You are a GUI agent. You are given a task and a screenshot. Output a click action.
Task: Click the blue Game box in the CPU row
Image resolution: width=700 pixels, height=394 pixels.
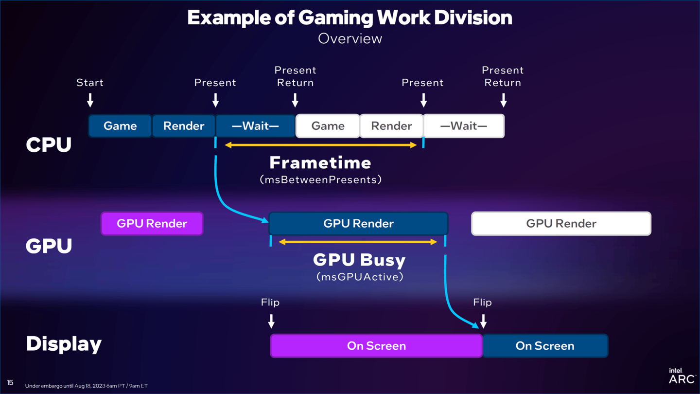pos(120,126)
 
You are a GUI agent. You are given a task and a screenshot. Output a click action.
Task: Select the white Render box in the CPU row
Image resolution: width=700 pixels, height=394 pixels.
pos(391,126)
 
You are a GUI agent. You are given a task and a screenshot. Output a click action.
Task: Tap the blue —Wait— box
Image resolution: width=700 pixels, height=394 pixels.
pos(256,126)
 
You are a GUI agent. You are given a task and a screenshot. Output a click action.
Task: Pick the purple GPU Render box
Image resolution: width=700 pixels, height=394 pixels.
pos(152,224)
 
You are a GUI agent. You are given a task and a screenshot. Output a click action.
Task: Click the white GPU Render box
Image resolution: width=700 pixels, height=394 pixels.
pos(561,224)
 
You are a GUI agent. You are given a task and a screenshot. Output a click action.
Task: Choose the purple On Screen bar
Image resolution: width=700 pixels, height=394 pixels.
pos(376,346)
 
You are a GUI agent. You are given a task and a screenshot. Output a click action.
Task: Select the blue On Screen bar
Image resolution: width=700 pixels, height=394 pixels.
pos(545,346)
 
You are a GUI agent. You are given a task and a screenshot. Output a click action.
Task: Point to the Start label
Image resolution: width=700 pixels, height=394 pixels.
pos(90,83)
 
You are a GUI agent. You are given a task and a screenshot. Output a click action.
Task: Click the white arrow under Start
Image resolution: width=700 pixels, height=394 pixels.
pos(90,100)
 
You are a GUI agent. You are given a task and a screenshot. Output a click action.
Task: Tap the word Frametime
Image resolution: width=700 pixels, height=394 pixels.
pos(320,162)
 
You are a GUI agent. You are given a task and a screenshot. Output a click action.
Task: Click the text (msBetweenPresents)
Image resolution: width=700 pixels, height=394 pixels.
pos(320,180)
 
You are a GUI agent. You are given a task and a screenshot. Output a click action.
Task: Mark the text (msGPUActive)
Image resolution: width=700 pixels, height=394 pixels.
pos(360,277)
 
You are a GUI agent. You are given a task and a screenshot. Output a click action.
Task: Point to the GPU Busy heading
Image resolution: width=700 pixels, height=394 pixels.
pos(359,260)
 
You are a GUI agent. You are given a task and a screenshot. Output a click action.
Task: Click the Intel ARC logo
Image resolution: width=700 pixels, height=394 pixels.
pos(682,376)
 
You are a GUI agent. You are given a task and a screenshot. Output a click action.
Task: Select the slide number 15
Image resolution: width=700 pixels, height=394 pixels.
pos(10,383)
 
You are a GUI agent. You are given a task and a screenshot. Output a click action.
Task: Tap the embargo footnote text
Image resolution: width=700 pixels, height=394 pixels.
pos(87,386)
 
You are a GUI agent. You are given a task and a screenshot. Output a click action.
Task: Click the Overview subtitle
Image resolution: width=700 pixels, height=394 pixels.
pos(350,39)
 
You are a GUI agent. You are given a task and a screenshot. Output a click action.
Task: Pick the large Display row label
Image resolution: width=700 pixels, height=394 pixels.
pos(64,344)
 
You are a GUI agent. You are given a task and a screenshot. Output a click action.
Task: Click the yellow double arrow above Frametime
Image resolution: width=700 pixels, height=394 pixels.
pos(321,145)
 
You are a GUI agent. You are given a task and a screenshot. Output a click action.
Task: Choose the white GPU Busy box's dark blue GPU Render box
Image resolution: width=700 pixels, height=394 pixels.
pos(358,224)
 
